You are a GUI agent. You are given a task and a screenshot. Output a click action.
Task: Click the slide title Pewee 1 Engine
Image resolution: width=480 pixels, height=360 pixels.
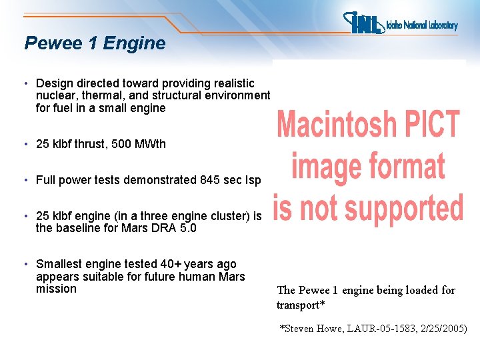click(95, 43)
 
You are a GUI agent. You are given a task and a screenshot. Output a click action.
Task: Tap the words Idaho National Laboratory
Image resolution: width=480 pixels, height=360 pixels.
click(422, 25)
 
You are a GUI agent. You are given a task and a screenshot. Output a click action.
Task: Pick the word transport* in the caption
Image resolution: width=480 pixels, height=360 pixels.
click(301, 305)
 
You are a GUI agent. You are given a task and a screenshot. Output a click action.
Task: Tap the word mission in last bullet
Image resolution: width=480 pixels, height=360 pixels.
click(56, 289)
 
